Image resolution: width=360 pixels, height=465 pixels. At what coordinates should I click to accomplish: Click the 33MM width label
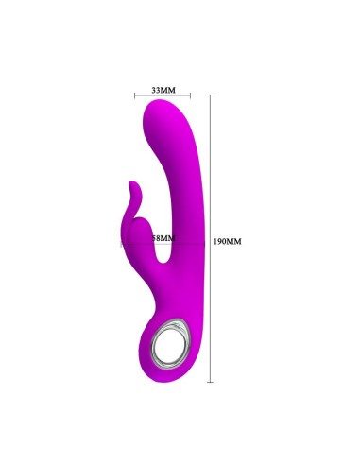[163, 89]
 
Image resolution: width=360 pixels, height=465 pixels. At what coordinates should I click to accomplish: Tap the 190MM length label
[228, 241]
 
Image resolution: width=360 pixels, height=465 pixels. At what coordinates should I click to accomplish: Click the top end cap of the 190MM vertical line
[211, 95]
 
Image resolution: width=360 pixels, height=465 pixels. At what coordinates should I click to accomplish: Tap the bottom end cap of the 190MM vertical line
[211, 381]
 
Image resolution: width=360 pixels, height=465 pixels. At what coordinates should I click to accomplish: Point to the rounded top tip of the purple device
[168, 110]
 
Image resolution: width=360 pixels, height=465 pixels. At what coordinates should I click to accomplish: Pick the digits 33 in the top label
[156, 89]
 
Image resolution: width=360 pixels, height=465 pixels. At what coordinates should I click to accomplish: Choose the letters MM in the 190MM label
[234, 241]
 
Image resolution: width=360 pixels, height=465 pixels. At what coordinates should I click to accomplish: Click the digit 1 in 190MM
[216, 241]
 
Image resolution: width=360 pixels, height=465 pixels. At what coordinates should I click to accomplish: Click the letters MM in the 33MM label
[168, 89]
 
